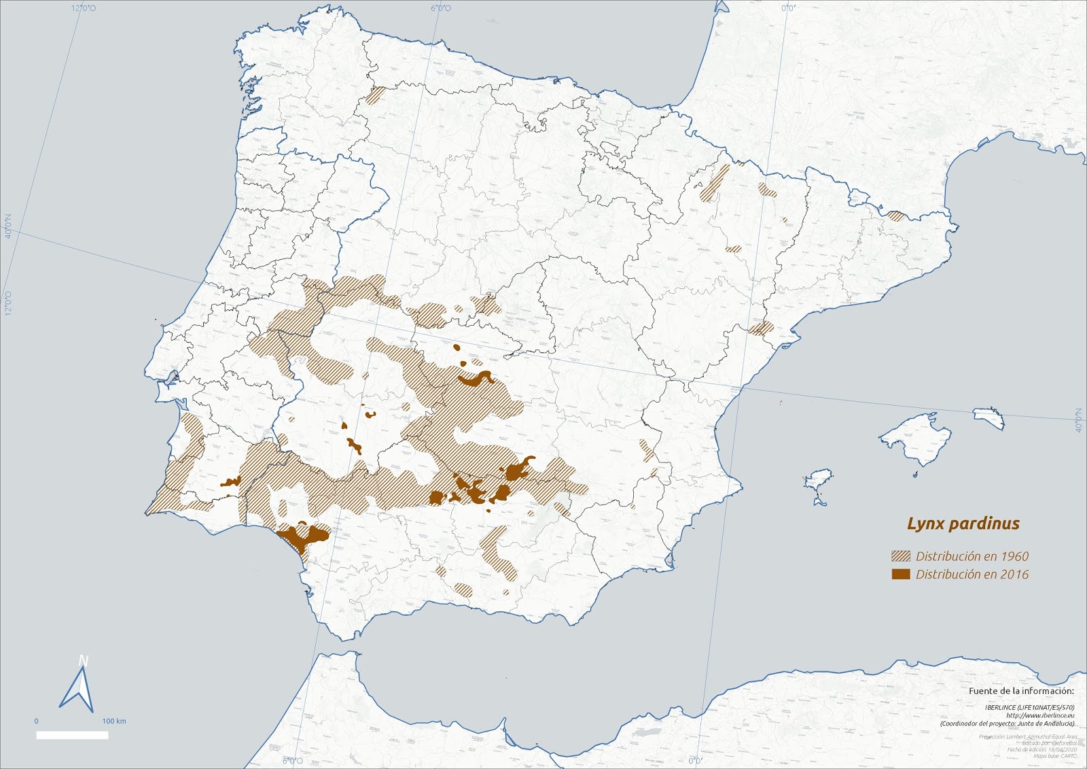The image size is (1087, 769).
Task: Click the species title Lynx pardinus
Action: [x=963, y=524]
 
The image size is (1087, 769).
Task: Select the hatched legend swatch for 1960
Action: [x=900, y=556]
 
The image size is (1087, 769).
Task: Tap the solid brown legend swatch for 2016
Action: [x=900, y=574]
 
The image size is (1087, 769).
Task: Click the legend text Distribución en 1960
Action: [x=972, y=556]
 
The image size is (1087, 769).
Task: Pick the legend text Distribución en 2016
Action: [x=972, y=574]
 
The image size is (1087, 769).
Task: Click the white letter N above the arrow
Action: [x=84, y=661]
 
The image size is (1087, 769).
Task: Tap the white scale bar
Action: [x=72, y=735]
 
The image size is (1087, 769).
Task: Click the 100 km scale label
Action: [x=114, y=721]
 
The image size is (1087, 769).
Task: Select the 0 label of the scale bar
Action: [x=37, y=721]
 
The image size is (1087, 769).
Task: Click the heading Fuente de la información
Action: [x=1021, y=691]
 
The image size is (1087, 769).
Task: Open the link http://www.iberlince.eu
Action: [x=1040, y=715]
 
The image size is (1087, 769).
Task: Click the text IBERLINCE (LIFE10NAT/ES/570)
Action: [x=1029, y=707]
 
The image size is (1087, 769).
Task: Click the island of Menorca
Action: [x=989, y=416]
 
